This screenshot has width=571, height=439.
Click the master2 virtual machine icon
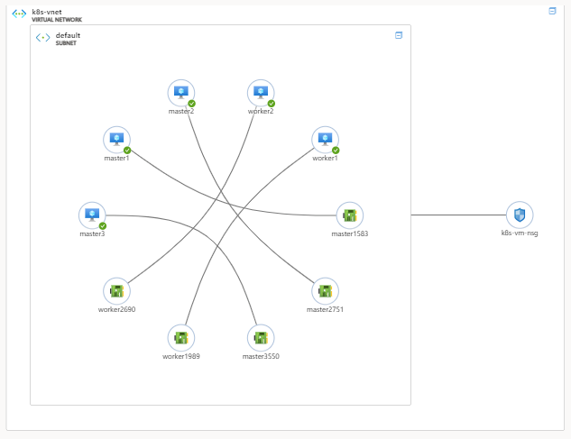point(181,93)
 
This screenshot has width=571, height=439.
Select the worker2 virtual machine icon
point(261,93)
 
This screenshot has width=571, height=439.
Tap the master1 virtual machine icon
point(116,140)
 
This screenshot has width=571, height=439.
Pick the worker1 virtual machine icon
point(325,140)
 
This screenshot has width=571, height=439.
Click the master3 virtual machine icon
point(91,215)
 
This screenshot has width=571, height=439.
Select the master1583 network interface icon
point(349,215)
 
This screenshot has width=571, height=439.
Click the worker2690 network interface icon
point(116,290)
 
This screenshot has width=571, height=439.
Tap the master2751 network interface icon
point(325,290)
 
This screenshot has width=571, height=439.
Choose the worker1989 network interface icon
point(181,338)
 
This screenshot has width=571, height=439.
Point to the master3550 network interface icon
point(261,338)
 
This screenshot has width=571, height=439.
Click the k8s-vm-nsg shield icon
point(520,215)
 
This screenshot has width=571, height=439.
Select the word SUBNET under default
point(66,43)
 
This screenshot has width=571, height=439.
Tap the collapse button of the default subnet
point(398,35)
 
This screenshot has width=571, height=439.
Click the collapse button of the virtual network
point(552,11)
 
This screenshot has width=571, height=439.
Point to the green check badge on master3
point(103,225)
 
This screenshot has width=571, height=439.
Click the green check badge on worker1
point(336,150)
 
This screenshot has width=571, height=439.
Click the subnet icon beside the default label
point(42,38)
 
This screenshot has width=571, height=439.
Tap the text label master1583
point(349,233)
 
